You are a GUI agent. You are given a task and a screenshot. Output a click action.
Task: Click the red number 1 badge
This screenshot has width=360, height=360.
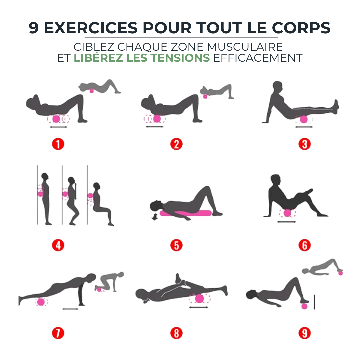click(x=58, y=144)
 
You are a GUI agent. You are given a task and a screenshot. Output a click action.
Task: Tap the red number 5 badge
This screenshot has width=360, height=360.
click(x=176, y=245)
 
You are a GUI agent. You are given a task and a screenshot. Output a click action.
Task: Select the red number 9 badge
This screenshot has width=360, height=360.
click(x=304, y=333)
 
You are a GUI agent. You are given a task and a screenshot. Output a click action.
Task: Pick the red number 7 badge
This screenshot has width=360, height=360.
click(x=58, y=333)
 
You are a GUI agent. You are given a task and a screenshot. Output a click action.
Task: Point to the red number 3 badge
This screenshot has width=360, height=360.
click(x=304, y=144)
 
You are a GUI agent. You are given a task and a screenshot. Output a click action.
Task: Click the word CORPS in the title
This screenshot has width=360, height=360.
click(x=302, y=28)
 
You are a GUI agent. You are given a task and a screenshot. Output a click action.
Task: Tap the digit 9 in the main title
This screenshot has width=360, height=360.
click(x=34, y=28)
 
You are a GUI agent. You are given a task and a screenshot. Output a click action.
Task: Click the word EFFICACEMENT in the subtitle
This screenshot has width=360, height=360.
click(x=258, y=58)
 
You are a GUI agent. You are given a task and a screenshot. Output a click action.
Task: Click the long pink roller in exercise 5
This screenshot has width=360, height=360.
click(x=185, y=213)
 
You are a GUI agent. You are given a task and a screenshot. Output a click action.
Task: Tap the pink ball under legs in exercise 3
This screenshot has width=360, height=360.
click(x=304, y=119)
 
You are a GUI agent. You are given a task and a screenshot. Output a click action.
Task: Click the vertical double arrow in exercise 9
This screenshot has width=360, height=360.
click(x=314, y=302)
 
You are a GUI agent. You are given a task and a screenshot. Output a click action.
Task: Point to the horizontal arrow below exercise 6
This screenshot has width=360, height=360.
click(x=287, y=222)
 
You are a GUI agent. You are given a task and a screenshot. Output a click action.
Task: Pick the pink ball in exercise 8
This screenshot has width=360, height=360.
click(x=199, y=298)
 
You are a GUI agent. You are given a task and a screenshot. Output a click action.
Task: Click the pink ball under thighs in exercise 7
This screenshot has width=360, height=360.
click(x=41, y=302)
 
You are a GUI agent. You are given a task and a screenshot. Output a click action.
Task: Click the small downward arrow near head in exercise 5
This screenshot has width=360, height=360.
click(x=155, y=217)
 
